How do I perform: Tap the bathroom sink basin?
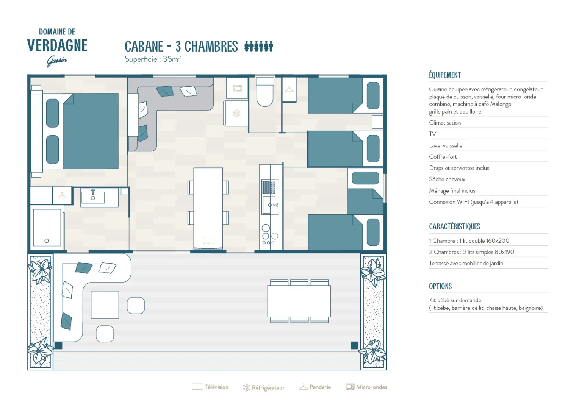93,198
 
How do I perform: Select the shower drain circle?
47,241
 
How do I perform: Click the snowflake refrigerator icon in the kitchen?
236,113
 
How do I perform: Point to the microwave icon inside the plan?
237,88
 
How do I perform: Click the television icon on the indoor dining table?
208,240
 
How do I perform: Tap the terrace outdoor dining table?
299,301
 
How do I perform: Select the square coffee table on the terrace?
105,305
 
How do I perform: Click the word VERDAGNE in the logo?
57,45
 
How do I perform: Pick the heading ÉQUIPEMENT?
445,75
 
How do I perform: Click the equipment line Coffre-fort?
443,156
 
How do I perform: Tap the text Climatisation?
445,123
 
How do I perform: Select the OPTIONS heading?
440,286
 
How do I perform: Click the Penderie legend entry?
315,387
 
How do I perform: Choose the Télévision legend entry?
210,387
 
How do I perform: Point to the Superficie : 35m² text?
152,59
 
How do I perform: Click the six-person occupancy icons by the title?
258,46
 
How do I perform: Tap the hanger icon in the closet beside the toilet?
289,89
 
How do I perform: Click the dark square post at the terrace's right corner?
354,345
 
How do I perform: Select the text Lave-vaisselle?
446,145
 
